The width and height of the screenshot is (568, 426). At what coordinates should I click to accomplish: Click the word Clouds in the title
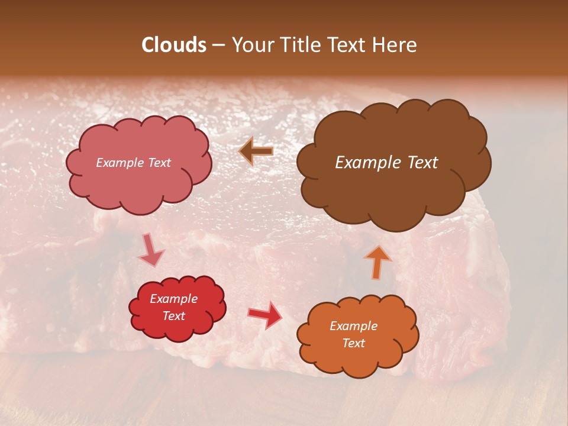(x=174, y=45)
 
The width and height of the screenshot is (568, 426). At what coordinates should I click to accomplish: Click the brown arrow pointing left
(x=256, y=151)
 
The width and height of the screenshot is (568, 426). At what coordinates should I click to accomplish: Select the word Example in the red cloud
(x=173, y=299)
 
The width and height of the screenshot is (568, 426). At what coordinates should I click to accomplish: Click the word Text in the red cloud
(x=173, y=316)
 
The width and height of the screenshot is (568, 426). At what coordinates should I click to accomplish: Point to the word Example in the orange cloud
(x=353, y=326)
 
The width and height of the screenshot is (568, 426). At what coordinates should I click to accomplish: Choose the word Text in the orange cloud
(x=353, y=343)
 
